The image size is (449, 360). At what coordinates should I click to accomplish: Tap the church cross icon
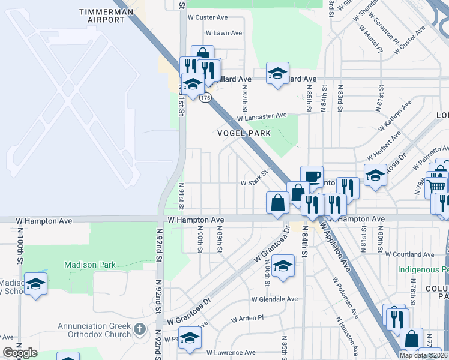140,329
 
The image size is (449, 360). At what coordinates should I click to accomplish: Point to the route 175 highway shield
206,98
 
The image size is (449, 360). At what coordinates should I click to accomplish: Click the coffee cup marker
312,176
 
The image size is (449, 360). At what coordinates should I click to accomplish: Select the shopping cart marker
437,185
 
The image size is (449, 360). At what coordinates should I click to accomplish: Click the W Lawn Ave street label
223,33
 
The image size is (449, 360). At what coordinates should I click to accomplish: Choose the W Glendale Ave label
274,299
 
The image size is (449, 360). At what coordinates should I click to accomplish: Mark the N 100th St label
20,246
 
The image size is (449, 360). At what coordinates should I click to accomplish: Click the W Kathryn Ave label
395,117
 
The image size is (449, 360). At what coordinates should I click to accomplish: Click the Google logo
20,353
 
